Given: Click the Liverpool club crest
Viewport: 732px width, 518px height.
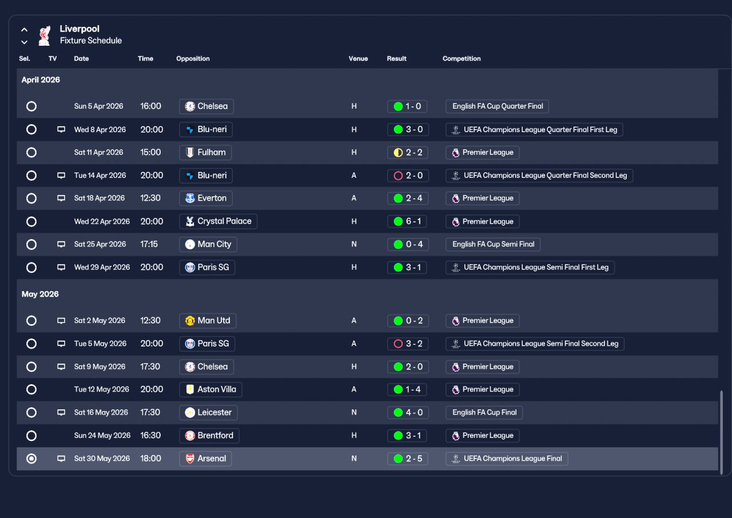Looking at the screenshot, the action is coord(45,35).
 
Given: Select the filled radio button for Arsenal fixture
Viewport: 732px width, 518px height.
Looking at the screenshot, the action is coord(31,459).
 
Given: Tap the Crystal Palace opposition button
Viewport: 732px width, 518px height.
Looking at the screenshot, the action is coord(218,221).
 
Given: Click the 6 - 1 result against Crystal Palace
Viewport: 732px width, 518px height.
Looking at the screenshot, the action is coord(407,221).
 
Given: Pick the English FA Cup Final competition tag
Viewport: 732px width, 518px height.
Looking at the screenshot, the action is coord(484,412).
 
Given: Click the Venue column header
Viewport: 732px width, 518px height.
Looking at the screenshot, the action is coord(358,58).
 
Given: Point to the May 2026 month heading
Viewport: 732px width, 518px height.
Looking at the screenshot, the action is coord(40,294).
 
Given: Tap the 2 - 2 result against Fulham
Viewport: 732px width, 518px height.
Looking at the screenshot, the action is coord(408,153).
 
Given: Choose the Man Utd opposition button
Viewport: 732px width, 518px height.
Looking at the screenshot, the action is coord(208,321).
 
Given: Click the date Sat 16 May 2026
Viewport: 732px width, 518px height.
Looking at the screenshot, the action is coord(101,412).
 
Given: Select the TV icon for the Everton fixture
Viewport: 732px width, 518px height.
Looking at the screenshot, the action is coord(61,198).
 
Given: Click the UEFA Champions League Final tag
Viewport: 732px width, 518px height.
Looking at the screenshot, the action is coord(507,459).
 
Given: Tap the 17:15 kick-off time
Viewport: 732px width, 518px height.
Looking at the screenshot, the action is coord(149,244).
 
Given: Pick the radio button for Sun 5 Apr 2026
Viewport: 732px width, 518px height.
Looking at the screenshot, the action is coord(31,106).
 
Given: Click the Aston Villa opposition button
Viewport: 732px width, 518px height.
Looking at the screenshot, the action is coord(210,389).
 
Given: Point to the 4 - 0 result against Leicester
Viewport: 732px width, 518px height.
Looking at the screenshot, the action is coord(408,412).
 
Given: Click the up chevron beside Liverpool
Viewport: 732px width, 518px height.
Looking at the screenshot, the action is coord(24,30).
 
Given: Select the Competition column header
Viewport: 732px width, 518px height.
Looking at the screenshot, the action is coord(462,58).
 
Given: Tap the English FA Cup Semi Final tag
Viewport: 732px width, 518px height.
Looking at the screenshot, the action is coord(493,244).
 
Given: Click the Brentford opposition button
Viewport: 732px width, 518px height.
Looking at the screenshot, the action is coord(209,436).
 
